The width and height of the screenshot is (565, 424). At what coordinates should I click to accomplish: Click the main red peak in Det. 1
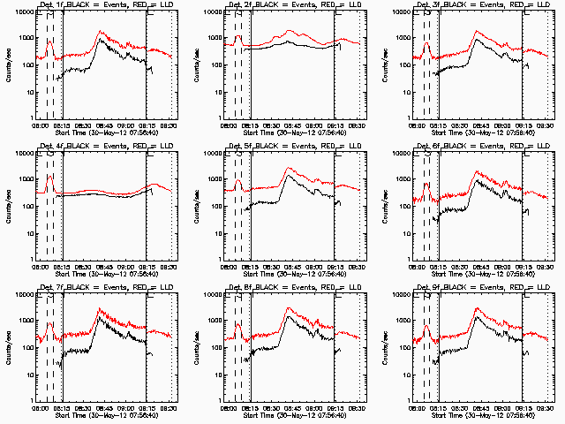coord(101,33)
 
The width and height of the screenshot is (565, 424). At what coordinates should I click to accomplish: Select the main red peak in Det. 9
coord(478,309)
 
